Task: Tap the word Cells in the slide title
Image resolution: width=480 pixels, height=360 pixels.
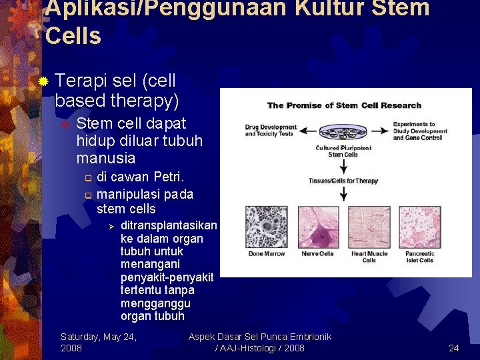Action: coord(73,36)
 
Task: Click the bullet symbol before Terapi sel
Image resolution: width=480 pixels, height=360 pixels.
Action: coord(43,82)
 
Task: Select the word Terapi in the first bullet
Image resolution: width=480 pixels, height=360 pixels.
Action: coord(81,81)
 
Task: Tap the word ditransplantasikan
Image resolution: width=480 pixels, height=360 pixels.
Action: coord(169,225)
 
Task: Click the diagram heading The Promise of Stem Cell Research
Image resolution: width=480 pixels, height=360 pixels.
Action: coord(344,105)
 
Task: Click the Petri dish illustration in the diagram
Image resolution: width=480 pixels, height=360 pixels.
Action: coord(343,131)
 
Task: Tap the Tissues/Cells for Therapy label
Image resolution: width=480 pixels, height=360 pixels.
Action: coord(343,181)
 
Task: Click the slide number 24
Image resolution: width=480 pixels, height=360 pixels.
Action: coord(453,348)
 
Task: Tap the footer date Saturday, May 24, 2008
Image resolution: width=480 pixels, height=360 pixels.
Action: coord(98,343)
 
